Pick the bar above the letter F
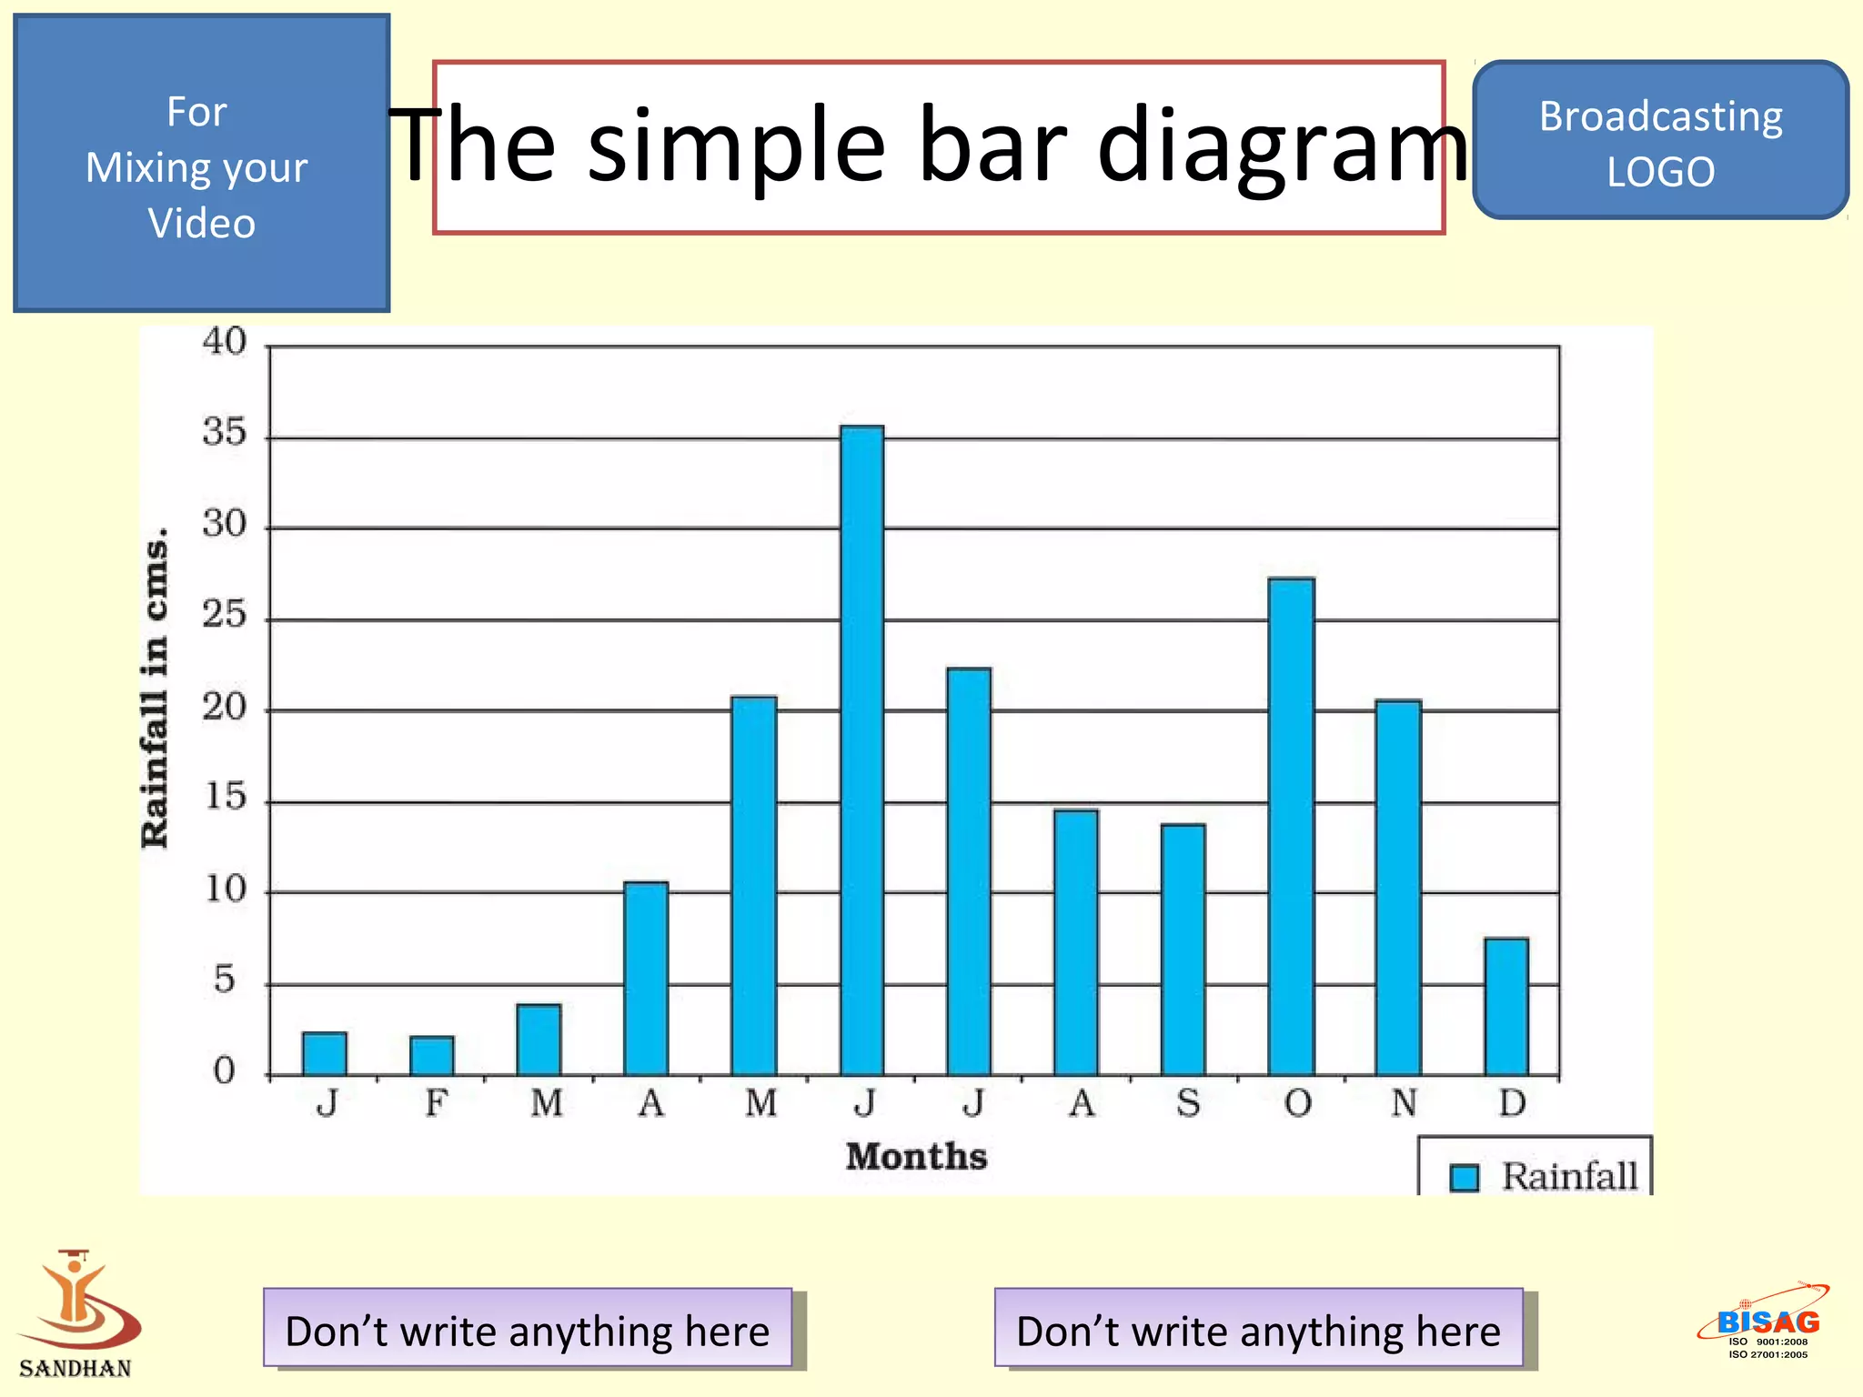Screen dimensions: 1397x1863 click(431, 1056)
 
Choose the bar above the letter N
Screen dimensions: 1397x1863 click(1398, 888)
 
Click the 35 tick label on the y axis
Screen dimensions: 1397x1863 click(224, 432)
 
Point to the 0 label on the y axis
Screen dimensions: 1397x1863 click(224, 1071)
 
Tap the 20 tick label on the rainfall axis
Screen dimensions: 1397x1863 click(224, 707)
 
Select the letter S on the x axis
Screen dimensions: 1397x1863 click(1188, 1103)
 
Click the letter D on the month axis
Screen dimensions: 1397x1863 click(1512, 1103)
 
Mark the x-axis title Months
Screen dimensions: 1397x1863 click(916, 1157)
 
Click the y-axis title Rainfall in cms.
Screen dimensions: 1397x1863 click(155, 688)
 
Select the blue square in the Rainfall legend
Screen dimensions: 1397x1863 click(1464, 1178)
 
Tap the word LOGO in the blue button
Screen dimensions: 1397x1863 click(1660, 172)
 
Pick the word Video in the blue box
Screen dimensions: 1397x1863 click(201, 224)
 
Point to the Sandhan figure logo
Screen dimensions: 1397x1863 click(76, 1301)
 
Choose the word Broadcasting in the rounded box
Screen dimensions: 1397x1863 click(1660, 116)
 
